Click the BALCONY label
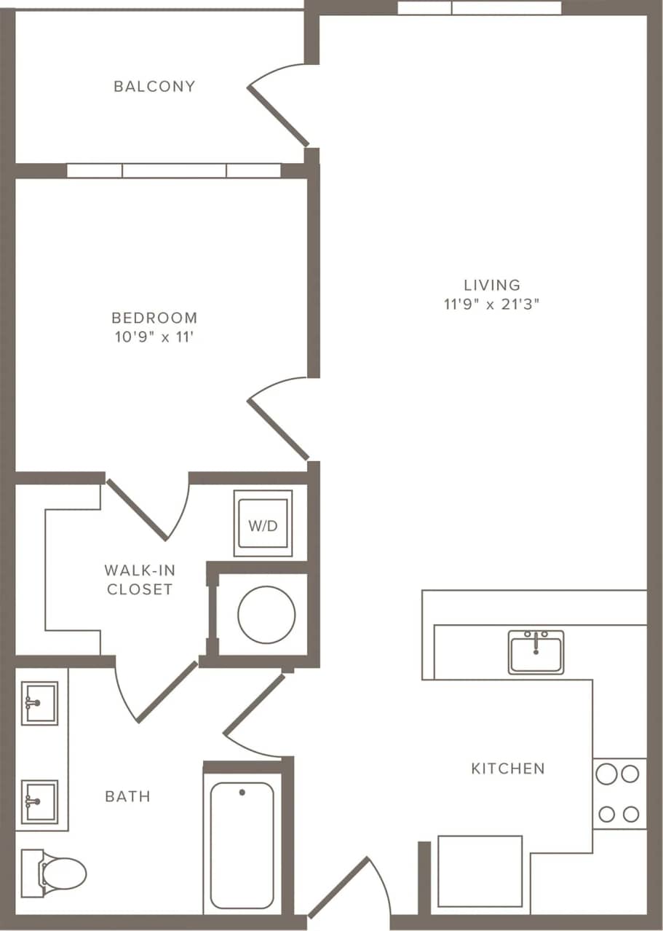click(x=154, y=86)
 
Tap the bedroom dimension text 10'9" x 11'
click(x=154, y=337)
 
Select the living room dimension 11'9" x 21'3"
click(x=492, y=305)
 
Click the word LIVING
click(x=492, y=285)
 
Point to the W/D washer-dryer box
click(x=263, y=524)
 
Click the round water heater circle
click(x=266, y=614)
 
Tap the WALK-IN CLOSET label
click(x=140, y=579)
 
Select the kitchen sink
click(x=536, y=651)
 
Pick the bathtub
click(x=242, y=845)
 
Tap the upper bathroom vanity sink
click(x=39, y=703)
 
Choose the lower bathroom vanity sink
click(x=39, y=801)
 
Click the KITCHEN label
click(x=508, y=768)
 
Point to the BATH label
click(x=128, y=796)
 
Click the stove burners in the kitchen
click(x=619, y=793)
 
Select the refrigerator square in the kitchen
click(x=480, y=871)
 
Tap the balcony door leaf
click(x=278, y=115)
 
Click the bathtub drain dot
click(x=242, y=792)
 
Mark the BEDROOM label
click(x=154, y=318)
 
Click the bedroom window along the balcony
click(x=173, y=170)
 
